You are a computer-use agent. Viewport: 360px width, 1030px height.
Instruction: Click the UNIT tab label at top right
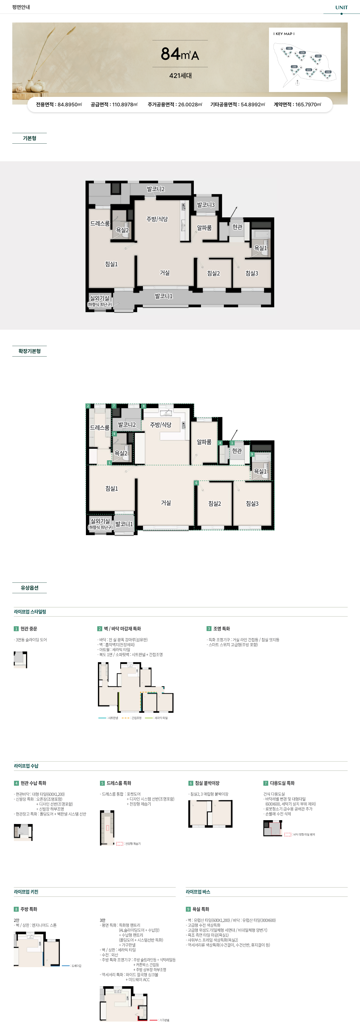click(341, 7)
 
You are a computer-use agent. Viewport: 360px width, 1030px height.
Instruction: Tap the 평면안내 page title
click(21, 7)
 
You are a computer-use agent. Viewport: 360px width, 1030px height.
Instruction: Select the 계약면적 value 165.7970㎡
click(308, 104)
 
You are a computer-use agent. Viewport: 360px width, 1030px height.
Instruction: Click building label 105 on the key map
click(289, 48)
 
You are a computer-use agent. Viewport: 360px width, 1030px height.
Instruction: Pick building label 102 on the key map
click(328, 72)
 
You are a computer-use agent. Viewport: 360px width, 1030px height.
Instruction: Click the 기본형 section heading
click(30, 138)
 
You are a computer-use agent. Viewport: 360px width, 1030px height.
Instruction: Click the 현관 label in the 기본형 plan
click(237, 227)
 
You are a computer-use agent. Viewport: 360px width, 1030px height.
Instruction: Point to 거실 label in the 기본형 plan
click(165, 273)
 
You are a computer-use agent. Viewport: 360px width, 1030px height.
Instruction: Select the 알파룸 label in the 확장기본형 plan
click(204, 442)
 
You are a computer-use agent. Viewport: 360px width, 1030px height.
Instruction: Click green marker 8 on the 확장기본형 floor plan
click(144, 406)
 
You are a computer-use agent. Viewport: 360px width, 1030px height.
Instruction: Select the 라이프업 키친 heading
click(26, 892)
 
